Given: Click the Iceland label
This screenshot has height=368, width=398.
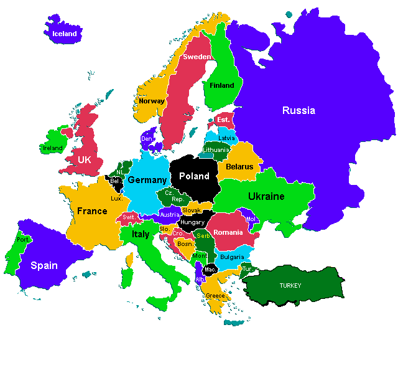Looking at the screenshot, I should (x=65, y=34).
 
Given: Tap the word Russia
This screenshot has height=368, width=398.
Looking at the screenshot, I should (x=298, y=111).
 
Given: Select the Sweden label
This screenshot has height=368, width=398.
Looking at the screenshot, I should (x=197, y=57).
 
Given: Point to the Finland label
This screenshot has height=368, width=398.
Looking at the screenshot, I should (x=222, y=85).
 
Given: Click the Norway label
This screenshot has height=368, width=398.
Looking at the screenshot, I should (x=152, y=101).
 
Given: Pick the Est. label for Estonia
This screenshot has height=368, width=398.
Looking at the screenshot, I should (x=223, y=120).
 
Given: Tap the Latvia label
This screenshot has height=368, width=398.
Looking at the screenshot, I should (x=226, y=138).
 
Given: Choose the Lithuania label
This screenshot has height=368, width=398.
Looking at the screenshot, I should (x=216, y=149).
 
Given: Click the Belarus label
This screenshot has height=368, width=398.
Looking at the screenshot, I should (x=239, y=166).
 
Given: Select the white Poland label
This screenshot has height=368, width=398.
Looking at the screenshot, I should (x=194, y=176).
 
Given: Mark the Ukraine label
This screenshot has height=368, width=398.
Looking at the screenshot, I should (x=266, y=197).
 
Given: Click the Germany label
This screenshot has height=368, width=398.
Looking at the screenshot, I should (x=147, y=180).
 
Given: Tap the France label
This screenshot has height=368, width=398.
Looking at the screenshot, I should (x=92, y=211).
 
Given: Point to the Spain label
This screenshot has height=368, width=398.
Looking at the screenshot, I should (x=44, y=265).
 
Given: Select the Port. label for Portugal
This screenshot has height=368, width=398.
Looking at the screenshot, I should (x=23, y=239).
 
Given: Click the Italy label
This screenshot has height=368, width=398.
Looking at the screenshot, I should (x=141, y=234).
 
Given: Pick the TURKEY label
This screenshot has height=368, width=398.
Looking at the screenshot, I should (x=290, y=285).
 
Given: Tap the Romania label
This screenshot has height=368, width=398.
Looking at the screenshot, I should (x=228, y=232).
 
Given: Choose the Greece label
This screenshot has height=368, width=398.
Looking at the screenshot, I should (x=216, y=295).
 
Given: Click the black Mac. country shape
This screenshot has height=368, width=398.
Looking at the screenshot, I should (x=210, y=270).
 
